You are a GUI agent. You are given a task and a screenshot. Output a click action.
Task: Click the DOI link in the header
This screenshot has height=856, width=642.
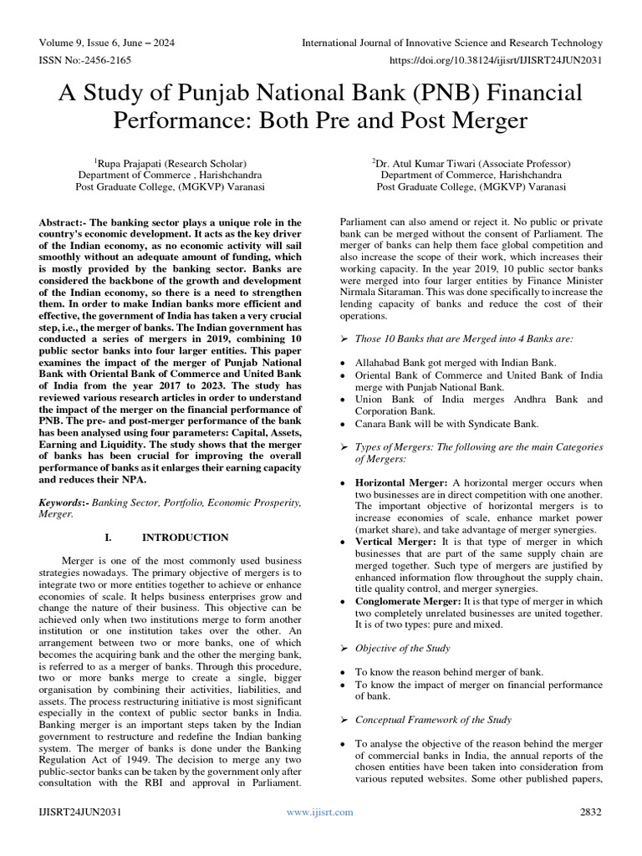click(493, 61)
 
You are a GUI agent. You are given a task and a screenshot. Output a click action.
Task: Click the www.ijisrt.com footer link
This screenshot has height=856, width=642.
click(319, 812)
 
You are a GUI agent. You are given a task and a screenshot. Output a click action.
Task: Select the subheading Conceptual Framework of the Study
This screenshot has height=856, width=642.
click(433, 719)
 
